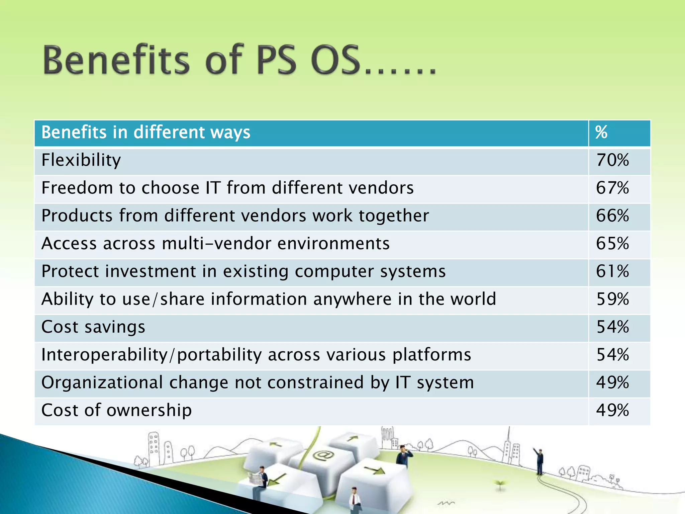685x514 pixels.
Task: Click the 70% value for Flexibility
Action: (612, 160)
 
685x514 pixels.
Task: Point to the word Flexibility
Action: (81, 160)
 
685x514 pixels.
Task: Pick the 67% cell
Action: (612, 188)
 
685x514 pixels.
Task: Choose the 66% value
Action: (612, 216)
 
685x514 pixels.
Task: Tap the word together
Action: (394, 216)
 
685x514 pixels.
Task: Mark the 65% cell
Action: (612, 243)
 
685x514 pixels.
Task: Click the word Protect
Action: (70, 271)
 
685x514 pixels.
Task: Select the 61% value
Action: (612, 271)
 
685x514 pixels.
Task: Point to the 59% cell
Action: (612, 299)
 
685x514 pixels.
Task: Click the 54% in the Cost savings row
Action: (612, 327)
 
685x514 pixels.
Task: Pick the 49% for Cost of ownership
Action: (612, 410)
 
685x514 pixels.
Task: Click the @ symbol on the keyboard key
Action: (323, 455)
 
